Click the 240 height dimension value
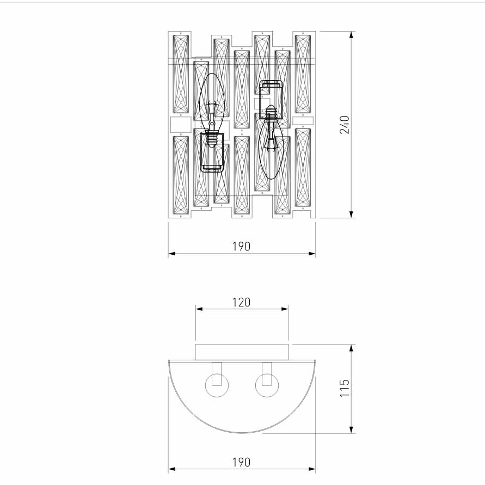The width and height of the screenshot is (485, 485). pos(345,125)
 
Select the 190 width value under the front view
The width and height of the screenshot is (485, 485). pos(241,247)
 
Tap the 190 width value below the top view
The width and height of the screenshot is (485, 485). pos(241,462)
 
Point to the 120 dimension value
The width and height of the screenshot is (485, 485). pos(241,302)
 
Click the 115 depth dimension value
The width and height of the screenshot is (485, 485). pos(345,389)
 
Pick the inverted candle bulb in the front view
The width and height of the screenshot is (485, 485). pos(272,152)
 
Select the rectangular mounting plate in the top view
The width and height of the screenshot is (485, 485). pos(242,352)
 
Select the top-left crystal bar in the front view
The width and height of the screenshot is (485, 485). pos(180,73)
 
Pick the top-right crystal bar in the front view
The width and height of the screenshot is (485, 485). pos(303,73)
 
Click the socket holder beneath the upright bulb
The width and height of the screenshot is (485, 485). pos(212,153)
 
